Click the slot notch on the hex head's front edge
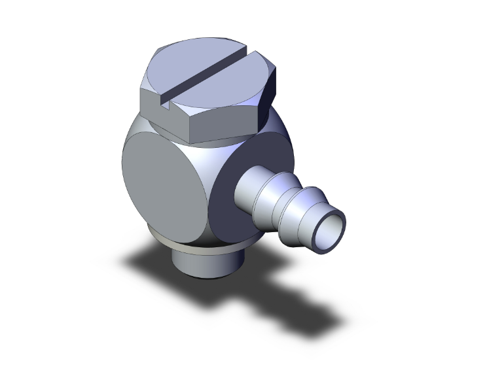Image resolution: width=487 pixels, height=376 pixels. coord(166,102)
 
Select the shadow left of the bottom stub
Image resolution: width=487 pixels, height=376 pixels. coord(147,262)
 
